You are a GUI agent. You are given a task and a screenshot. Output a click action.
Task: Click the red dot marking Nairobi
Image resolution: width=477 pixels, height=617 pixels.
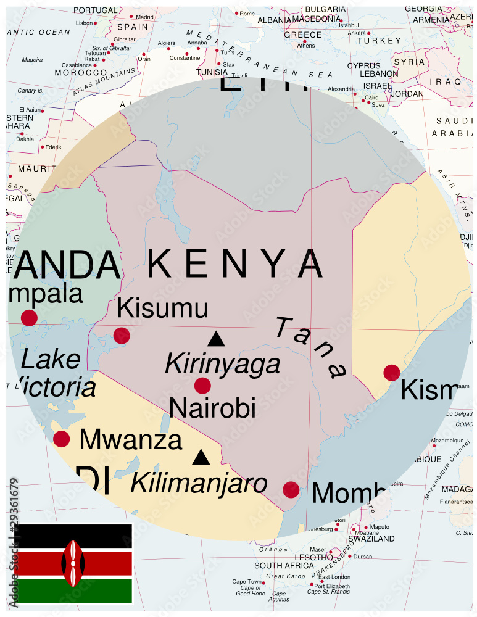pyautogui.click(x=202, y=386)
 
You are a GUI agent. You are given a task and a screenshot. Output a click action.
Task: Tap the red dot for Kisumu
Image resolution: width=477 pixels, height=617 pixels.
pyautogui.click(x=122, y=336)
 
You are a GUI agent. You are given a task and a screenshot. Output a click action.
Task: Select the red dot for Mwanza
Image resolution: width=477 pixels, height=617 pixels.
pyautogui.click(x=62, y=439)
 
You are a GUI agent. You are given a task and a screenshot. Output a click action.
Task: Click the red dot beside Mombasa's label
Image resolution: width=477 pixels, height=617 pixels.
pyautogui.click(x=291, y=490)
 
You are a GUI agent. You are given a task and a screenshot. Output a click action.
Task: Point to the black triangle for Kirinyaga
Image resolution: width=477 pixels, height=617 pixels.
pyautogui.click(x=216, y=339)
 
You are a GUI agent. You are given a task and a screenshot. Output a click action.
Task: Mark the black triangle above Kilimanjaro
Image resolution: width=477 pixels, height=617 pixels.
pyautogui.click(x=200, y=457)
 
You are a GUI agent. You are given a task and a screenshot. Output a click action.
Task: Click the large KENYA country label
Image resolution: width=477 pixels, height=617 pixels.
pyautogui.click(x=234, y=264)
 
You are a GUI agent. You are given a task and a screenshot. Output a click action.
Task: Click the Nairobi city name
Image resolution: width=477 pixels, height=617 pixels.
pyautogui.click(x=212, y=408)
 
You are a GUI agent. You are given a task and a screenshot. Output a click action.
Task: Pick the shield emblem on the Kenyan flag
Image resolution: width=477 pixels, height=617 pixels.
pyautogui.click(x=73, y=563)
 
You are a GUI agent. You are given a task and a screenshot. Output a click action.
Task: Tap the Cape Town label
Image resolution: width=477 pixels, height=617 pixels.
pyautogui.click(x=247, y=582)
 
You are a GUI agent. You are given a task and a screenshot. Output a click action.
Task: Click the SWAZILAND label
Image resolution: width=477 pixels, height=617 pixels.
pyautogui.click(x=371, y=539)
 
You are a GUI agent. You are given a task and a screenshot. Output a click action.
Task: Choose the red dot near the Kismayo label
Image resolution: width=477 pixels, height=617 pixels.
pyautogui.click(x=391, y=373)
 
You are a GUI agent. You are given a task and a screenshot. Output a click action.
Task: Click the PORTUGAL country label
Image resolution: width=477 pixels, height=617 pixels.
pyautogui.click(x=95, y=10)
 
